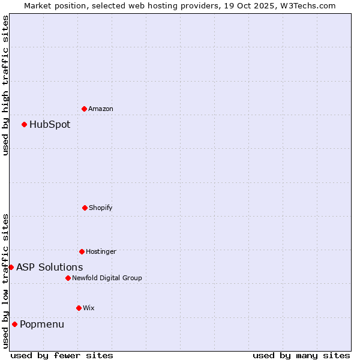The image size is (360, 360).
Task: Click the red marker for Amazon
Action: click(x=84, y=109)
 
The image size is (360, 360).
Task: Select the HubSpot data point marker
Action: click(x=25, y=124)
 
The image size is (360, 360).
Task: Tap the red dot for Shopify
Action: click(x=85, y=208)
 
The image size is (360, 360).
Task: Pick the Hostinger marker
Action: click(x=82, y=251)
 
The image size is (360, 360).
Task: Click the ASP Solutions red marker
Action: click(x=11, y=267)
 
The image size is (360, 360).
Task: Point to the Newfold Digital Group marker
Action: click(x=68, y=278)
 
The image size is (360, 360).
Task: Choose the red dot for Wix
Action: click(x=79, y=308)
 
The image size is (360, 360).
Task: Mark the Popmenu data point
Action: click(x=14, y=324)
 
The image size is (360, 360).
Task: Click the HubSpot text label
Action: click(x=50, y=125)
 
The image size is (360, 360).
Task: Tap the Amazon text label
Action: click(x=101, y=109)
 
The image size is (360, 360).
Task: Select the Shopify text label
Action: click(x=101, y=208)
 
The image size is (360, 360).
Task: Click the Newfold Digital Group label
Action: click(x=107, y=278)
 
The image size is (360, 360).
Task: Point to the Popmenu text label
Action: click(x=42, y=325)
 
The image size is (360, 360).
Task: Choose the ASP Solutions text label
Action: click(x=50, y=268)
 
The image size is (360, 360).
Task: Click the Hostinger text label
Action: click(x=101, y=251)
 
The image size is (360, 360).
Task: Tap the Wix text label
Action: click(x=89, y=308)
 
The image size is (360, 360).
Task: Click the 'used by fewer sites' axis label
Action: click(x=62, y=355)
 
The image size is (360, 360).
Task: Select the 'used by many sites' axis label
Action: click(x=301, y=355)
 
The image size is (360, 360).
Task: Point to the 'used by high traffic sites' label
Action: click(x=5, y=85)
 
